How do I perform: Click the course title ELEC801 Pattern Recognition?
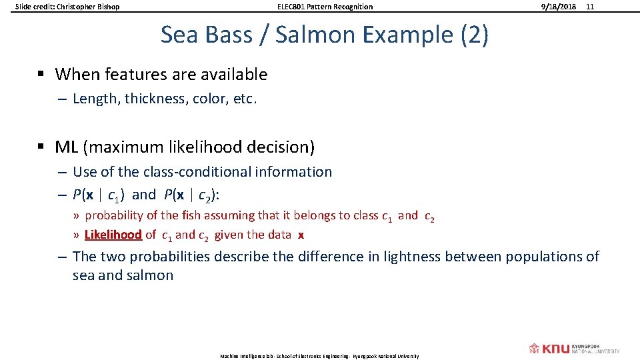[325, 7]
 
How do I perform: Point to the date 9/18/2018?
[559, 7]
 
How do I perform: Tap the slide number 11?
[589, 7]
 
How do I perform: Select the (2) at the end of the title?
[474, 35]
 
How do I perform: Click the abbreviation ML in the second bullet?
[67, 146]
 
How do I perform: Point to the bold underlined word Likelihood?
[113, 235]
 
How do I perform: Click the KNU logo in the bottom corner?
[573, 349]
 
